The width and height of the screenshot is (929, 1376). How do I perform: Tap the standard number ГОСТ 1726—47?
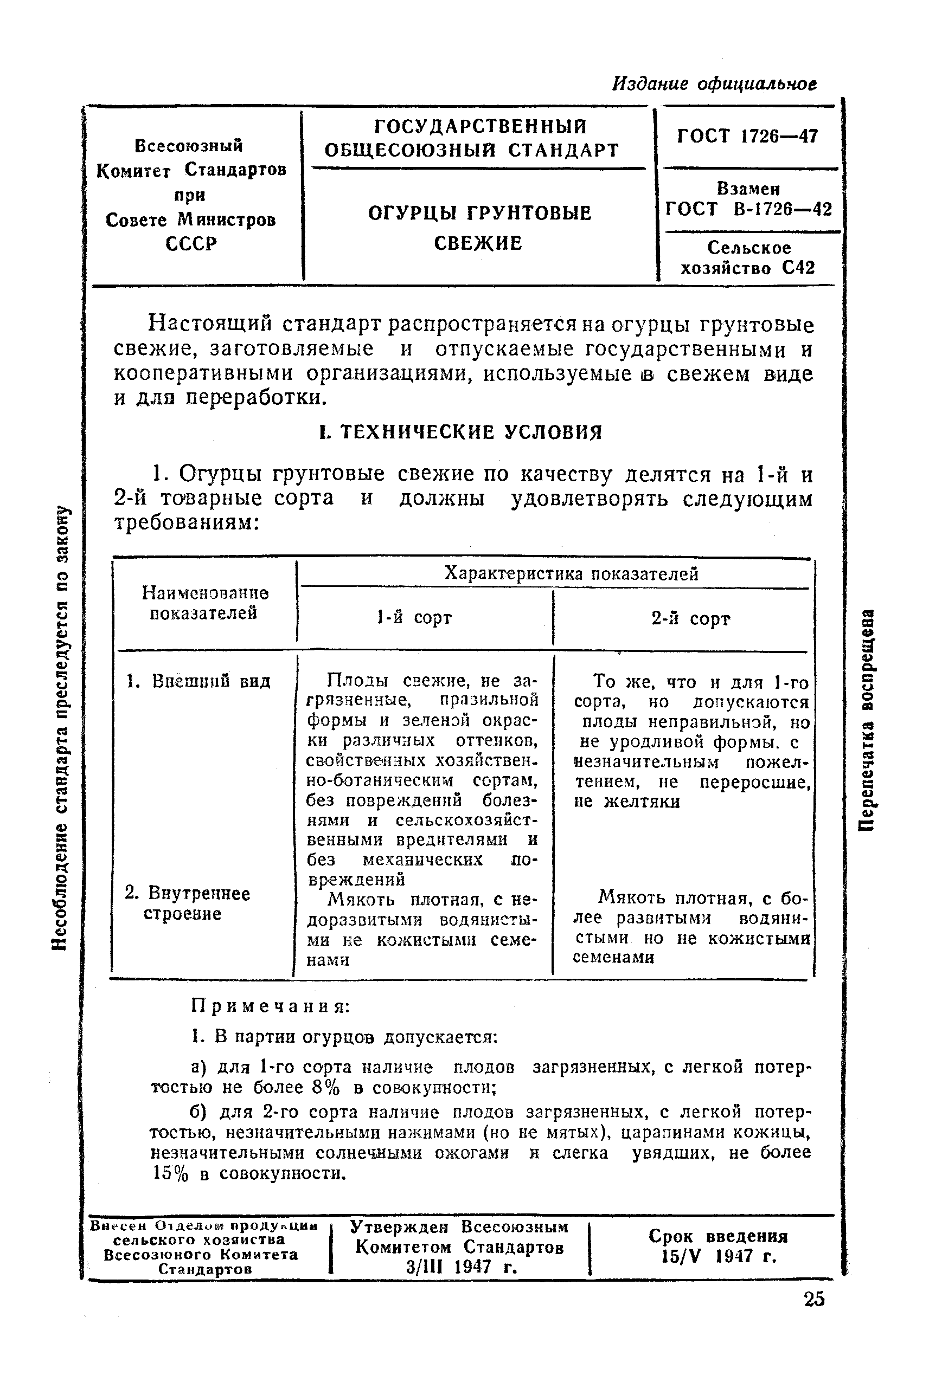point(747,137)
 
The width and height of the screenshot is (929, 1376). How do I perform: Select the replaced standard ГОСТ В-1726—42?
point(749,209)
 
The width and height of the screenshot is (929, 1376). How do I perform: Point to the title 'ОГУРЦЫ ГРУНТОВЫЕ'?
point(479,213)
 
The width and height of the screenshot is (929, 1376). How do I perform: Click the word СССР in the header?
point(191,243)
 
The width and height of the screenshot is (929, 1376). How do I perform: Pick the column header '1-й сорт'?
point(414,618)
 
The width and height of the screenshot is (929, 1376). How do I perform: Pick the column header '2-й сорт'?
point(690,619)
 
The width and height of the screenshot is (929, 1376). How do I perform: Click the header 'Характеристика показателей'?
point(571,573)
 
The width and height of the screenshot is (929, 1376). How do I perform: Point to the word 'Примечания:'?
point(271,1006)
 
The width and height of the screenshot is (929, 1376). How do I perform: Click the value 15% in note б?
point(171,1173)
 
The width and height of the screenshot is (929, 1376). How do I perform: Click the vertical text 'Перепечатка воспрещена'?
point(869,719)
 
